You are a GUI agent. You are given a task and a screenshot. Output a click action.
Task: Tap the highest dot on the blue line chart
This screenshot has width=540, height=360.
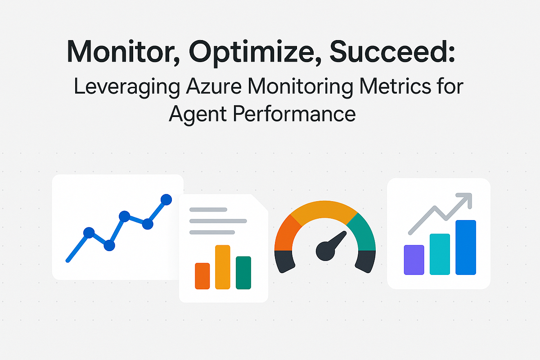click(166, 199)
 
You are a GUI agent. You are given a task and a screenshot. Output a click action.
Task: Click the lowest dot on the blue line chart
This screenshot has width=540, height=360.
click(109, 246)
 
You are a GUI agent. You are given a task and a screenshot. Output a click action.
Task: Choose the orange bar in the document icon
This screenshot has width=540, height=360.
click(202, 276)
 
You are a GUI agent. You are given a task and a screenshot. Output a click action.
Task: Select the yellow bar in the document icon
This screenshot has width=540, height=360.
click(223, 267)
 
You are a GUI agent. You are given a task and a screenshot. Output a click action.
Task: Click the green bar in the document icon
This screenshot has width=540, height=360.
click(243, 272)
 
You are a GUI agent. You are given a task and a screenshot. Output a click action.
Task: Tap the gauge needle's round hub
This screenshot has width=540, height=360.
click(325, 250)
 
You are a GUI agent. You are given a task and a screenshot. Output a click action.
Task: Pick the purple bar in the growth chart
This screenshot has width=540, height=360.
click(414, 260)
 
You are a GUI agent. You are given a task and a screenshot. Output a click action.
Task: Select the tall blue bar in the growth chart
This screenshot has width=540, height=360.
click(465, 247)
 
